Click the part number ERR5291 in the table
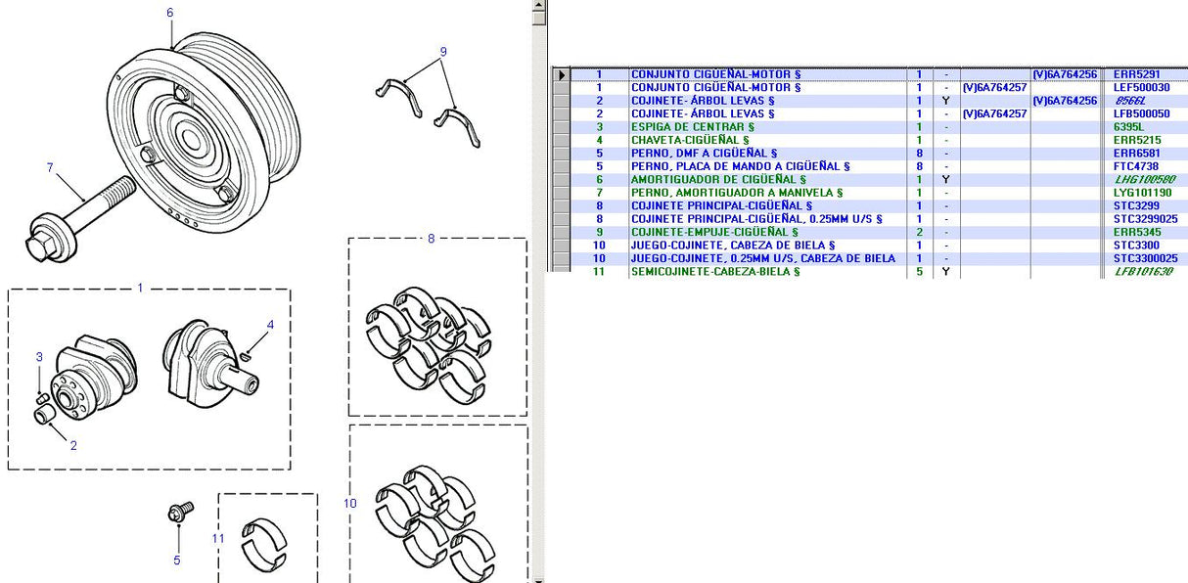coord(1136,74)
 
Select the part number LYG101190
coord(1142,193)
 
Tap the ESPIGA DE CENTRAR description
coord(693,127)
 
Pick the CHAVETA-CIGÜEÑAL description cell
coord(690,140)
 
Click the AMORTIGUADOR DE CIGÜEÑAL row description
coord(718,180)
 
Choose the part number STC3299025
coord(1145,219)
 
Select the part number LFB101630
coord(1143,272)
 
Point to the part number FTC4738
coord(1136,166)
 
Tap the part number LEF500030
coord(1141,87)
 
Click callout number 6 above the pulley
coord(169,13)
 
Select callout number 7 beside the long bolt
coord(50,167)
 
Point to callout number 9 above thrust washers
coord(442,51)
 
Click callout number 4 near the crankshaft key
coord(271,325)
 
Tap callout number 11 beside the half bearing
coord(218,538)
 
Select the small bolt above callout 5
coord(181,511)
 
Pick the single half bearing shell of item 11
coord(264,544)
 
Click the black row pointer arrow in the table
coord(561,74)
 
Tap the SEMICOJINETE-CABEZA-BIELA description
coord(714,272)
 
